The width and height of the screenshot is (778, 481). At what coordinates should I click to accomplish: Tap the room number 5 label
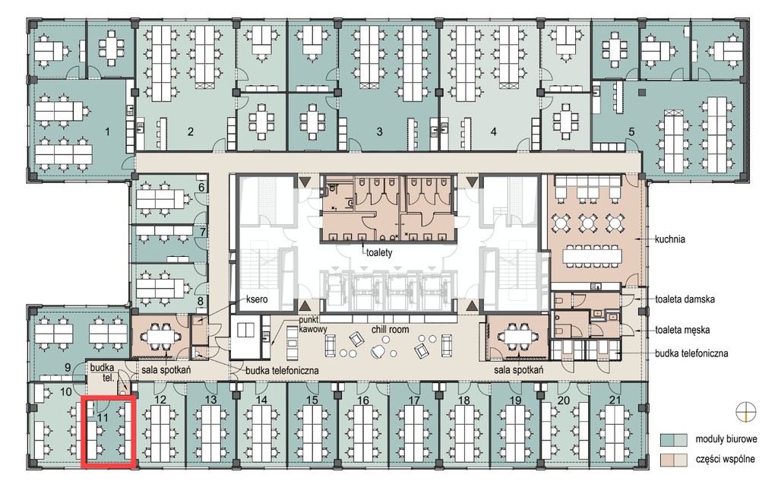631,132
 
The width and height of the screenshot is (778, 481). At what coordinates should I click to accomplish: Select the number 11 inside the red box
103,417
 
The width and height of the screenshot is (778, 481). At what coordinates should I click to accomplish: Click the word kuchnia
670,239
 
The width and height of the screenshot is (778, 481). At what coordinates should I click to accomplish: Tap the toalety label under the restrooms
379,253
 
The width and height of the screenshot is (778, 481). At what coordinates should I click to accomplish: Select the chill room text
391,329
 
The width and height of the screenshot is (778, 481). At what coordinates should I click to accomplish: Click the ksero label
258,299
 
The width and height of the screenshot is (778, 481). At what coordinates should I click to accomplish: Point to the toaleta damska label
685,299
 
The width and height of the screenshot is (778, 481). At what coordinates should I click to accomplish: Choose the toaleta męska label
682,330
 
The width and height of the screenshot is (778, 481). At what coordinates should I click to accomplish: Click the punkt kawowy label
312,324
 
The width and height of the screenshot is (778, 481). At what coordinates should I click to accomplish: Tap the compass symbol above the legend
746,412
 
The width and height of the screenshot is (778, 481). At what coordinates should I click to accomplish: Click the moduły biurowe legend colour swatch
673,439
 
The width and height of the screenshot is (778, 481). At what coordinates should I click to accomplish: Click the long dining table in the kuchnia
592,255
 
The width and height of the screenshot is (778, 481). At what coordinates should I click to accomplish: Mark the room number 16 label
363,400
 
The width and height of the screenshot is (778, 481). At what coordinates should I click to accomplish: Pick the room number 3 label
380,132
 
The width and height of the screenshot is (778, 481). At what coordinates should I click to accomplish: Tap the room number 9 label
68,368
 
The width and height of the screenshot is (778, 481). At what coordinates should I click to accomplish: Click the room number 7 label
202,232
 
